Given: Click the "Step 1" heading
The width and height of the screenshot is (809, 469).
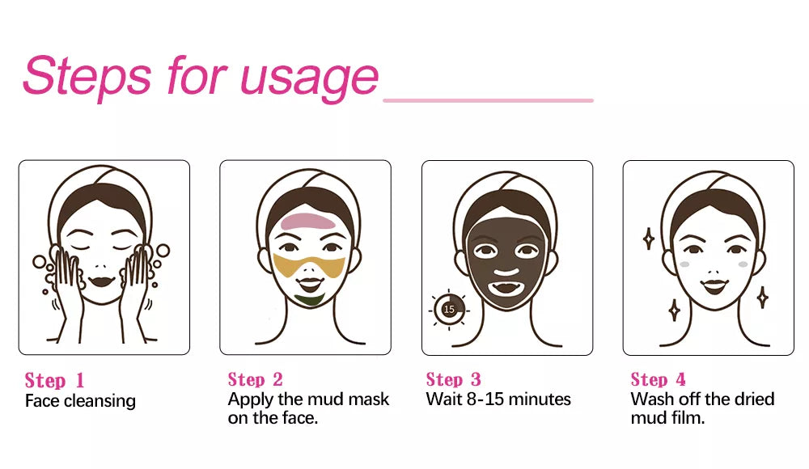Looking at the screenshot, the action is (x=54, y=381).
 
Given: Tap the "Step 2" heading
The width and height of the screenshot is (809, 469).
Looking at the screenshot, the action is (x=256, y=380).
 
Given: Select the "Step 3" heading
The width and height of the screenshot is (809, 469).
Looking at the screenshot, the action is (x=454, y=380).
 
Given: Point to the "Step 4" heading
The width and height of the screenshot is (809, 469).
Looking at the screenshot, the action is (x=659, y=380).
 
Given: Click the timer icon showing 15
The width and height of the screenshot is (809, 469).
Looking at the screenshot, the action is (x=449, y=310).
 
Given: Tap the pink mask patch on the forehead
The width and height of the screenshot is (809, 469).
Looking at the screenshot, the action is (x=308, y=222).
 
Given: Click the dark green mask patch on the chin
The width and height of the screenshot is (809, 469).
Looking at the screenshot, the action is (x=309, y=298).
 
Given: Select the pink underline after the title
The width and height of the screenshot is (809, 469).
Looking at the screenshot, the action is (x=488, y=100).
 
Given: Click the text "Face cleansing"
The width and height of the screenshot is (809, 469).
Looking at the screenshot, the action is (x=80, y=401).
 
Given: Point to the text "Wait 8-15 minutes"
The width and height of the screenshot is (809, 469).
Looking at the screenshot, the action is (x=498, y=399).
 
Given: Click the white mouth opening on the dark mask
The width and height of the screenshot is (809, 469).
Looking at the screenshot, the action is (x=506, y=288).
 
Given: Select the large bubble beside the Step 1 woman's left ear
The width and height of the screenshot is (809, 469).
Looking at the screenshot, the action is (x=163, y=251).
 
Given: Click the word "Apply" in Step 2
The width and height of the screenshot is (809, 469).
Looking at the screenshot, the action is (x=250, y=399).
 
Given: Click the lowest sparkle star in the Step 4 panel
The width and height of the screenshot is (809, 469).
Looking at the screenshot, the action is (x=674, y=310).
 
